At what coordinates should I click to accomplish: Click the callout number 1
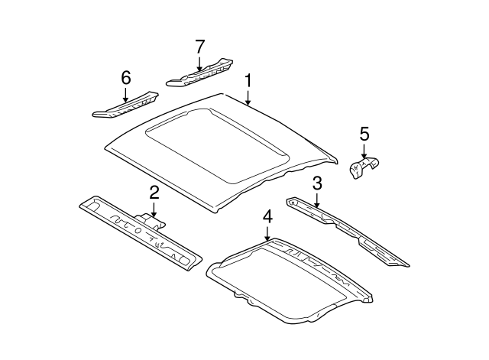pyautogui.click(x=248, y=81)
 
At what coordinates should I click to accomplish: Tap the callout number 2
pyautogui.click(x=154, y=192)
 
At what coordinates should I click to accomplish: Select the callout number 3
pyautogui.click(x=317, y=183)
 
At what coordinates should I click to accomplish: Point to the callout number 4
pyautogui.click(x=267, y=218)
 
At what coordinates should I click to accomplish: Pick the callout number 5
pyautogui.click(x=364, y=135)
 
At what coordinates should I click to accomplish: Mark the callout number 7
pyautogui.click(x=199, y=47)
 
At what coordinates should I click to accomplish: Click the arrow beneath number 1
pyautogui.click(x=248, y=97)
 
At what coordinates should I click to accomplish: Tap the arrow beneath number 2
pyautogui.click(x=154, y=209)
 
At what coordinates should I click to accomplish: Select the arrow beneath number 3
pyautogui.click(x=317, y=200)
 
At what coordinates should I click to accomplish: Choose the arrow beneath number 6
pyautogui.click(x=126, y=94)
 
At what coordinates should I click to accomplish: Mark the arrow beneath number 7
pyautogui.click(x=199, y=64)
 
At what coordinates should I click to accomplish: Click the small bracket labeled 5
pyautogui.click(x=365, y=169)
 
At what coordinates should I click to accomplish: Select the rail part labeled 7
pyautogui.click(x=200, y=75)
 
